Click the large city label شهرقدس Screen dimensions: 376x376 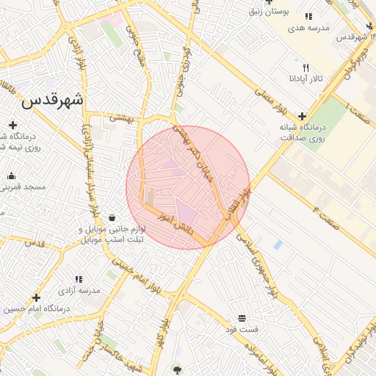coord(53,100)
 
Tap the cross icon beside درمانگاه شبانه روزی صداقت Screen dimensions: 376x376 coord(302,115)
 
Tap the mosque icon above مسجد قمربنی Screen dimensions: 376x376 coord(11,176)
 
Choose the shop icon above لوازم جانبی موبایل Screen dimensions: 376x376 coord(112,217)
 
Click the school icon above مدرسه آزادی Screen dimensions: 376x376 coord(79,279)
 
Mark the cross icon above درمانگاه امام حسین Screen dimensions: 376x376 coord(36,297)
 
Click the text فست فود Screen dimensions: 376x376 coord(242,329)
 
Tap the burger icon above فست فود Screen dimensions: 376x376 coord(242,317)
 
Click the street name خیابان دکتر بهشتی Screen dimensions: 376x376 coord(201,153)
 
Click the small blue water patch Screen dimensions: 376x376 coord(278,244)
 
